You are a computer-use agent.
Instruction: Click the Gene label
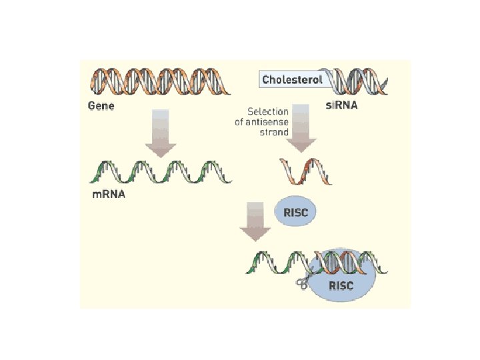click(x=101, y=105)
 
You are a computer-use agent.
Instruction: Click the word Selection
click(x=268, y=112)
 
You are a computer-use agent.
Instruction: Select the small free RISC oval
click(x=295, y=213)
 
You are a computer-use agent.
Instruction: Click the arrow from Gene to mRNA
click(x=160, y=133)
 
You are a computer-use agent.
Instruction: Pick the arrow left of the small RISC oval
click(x=255, y=221)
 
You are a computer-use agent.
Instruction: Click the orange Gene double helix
click(x=159, y=82)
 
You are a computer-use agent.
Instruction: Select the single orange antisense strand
click(x=305, y=171)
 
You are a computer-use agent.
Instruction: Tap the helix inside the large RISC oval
click(x=343, y=263)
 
